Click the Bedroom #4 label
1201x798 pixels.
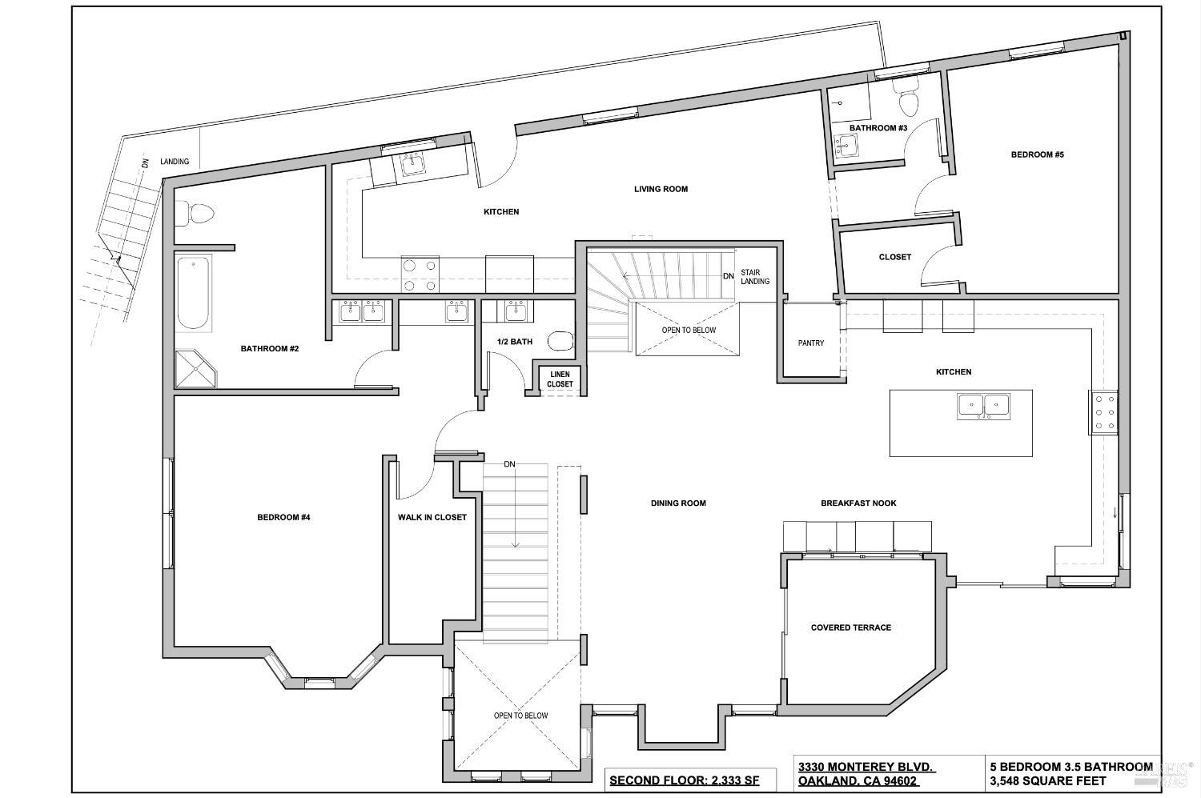(283, 517)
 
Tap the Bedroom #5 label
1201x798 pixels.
(1037, 154)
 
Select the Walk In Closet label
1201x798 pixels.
(432, 517)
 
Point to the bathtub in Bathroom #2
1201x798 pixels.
(193, 292)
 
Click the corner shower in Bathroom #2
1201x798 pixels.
(195, 368)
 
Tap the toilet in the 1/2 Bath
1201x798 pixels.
(562, 342)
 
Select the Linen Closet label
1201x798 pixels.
(560, 379)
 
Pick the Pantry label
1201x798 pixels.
(811, 343)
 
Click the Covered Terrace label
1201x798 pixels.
(850, 628)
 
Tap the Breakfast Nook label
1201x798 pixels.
(858, 503)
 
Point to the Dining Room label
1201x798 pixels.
(678, 503)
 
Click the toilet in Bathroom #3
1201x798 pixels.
(910, 102)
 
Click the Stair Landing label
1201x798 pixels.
(755, 277)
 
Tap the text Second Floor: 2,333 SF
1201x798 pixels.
(684, 780)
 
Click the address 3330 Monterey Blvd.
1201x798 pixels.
(866, 767)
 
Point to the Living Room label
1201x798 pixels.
(661, 190)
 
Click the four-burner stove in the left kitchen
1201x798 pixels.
(420, 275)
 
